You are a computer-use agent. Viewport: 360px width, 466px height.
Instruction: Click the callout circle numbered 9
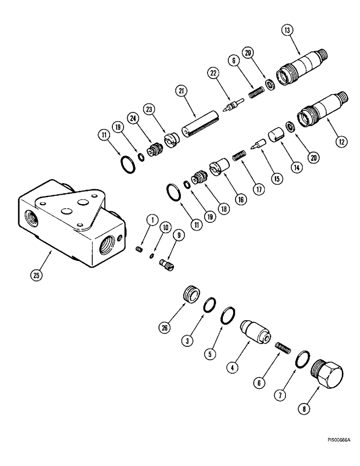click(177, 236)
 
